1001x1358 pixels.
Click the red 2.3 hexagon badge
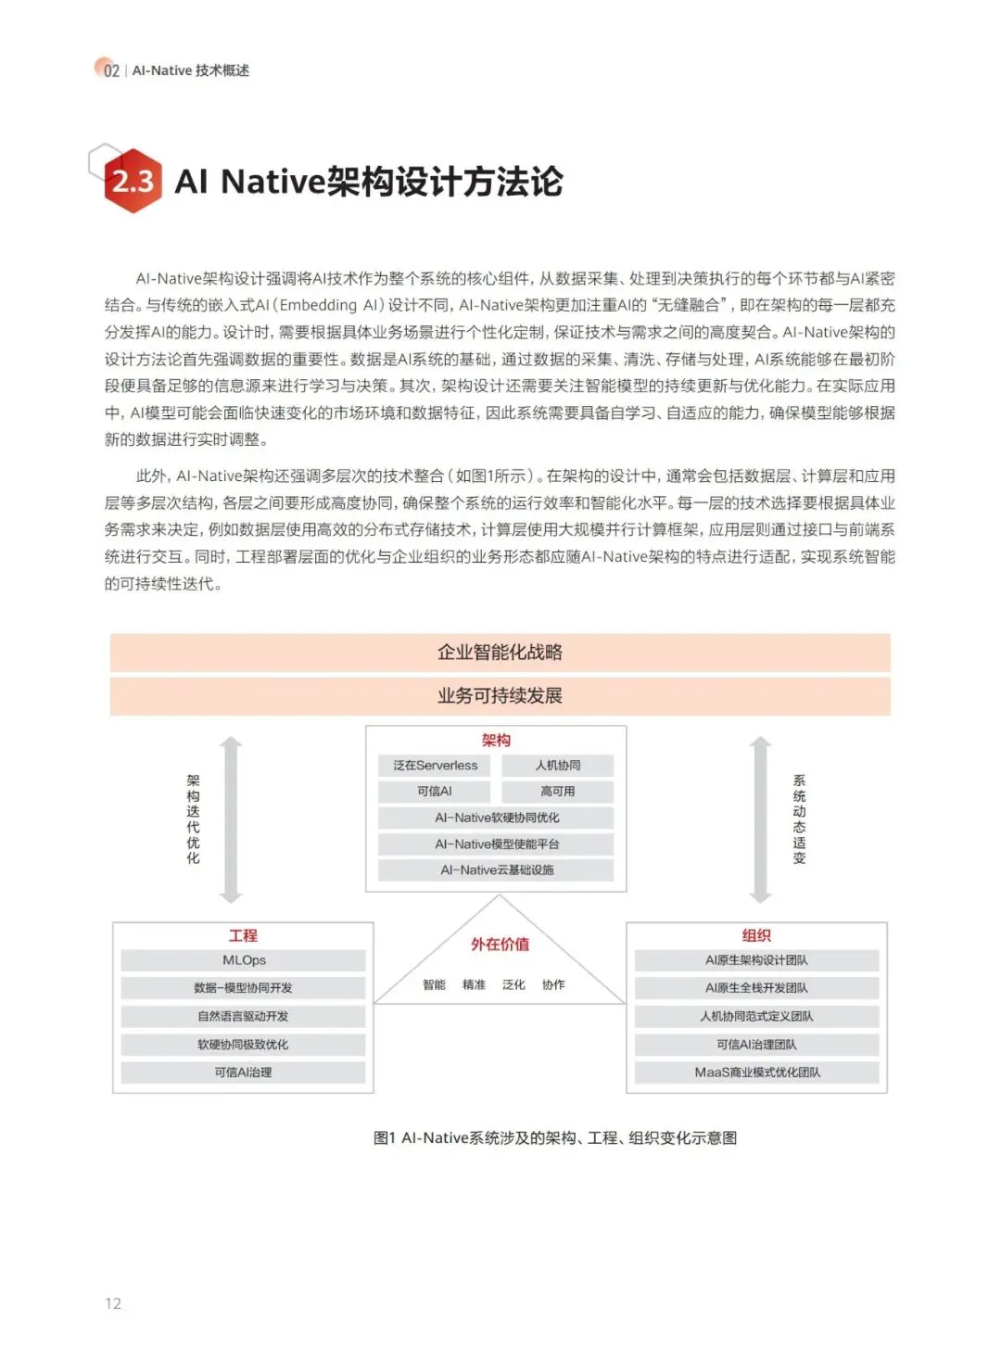coord(133,181)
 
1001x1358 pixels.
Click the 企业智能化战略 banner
coord(500,653)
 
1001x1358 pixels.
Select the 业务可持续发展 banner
coord(500,696)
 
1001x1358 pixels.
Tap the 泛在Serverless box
coord(435,766)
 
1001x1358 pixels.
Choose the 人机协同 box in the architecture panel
coord(558,766)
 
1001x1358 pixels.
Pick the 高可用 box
coord(558,792)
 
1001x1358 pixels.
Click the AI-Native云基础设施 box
coord(497,870)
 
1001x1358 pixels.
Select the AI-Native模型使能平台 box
coord(497,844)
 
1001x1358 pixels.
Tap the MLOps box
coord(244,960)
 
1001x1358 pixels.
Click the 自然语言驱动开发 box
coord(244,1017)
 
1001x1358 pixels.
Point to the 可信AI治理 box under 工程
coord(244,1072)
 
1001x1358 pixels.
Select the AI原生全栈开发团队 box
coord(756,988)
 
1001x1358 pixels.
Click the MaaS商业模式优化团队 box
coord(756,1072)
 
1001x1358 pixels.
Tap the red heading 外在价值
coord(500,945)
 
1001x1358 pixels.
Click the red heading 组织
coord(756,936)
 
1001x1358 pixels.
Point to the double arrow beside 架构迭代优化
coord(231,819)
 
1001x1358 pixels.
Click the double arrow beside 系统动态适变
coord(760,819)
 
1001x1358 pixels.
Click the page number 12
coord(113,1303)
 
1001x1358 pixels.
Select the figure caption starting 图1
coord(555,1137)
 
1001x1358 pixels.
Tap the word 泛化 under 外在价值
coord(513,984)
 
